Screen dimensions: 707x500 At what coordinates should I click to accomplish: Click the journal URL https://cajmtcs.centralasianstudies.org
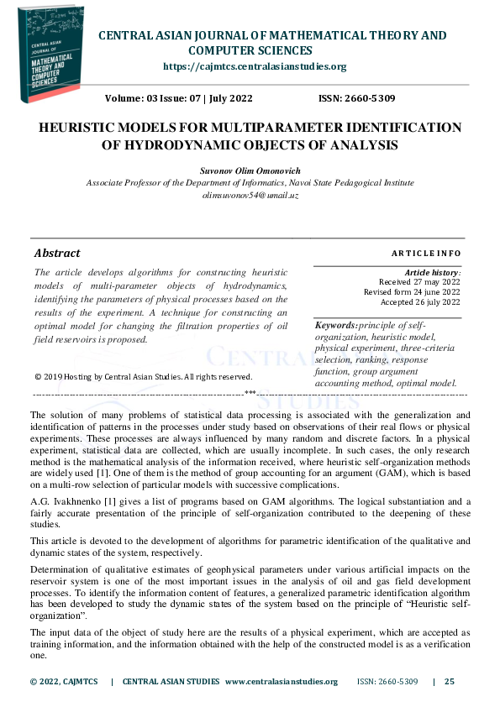[254, 66]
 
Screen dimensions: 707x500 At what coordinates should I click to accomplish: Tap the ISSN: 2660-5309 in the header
[356, 99]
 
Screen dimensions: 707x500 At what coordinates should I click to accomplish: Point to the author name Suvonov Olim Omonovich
[250, 170]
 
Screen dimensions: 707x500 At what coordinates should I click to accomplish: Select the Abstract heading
[57, 253]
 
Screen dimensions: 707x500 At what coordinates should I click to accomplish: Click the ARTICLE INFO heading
[426, 253]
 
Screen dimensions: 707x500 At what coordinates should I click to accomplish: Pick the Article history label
[432, 273]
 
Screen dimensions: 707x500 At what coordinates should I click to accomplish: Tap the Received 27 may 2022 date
[419, 282]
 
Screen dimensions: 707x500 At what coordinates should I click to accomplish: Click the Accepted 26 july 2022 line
[420, 302]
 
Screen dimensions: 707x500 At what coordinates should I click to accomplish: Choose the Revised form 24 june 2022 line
[412, 292]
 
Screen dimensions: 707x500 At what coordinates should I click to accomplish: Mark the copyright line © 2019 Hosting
[143, 376]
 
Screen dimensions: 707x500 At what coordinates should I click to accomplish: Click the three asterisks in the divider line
[250, 393]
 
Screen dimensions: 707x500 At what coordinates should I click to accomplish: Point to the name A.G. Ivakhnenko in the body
[63, 500]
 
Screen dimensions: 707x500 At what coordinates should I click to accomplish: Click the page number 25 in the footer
[449, 682]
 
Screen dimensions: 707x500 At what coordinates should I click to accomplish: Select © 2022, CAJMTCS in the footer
[64, 682]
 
